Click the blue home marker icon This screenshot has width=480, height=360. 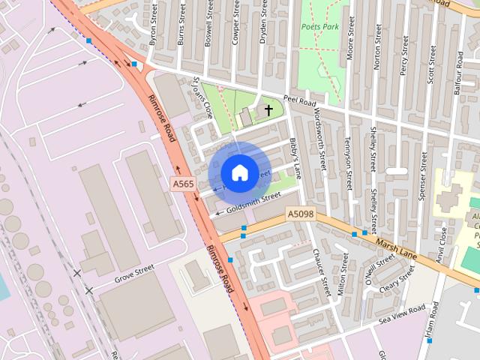point(239,172)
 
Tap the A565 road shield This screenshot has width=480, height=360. point(182,184)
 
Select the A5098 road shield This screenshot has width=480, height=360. point(300,215)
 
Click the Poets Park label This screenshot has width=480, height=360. point(320,26)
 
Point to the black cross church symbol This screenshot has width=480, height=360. point(268,110)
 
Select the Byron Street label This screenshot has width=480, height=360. point(154,25)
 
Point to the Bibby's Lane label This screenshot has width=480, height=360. point(295,158)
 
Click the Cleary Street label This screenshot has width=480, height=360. point(397,281)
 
